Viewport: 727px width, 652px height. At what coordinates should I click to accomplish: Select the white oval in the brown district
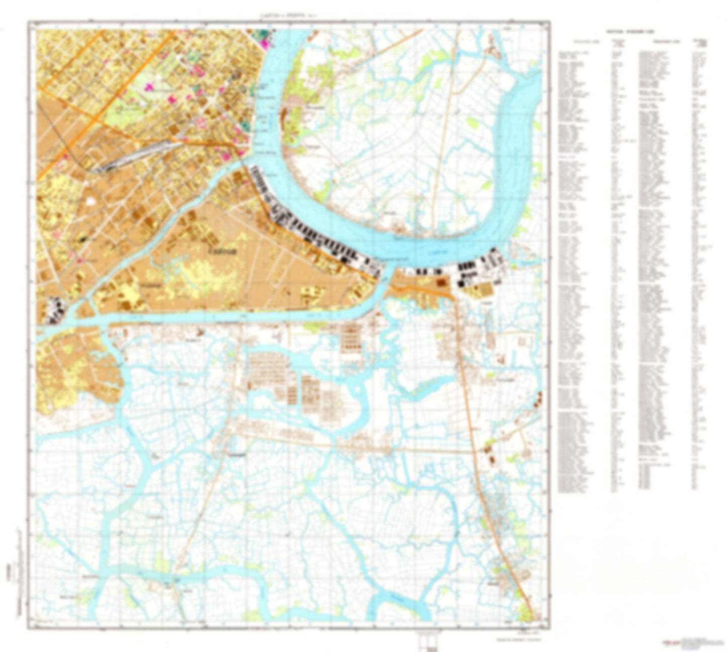(x=91, y=201)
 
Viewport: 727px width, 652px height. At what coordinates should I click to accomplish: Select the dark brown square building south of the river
(x=442, y=283)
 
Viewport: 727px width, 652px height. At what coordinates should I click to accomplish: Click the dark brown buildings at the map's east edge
(x=538, y=400)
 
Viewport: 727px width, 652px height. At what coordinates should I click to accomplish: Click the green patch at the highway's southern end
(x=525, y=613)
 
